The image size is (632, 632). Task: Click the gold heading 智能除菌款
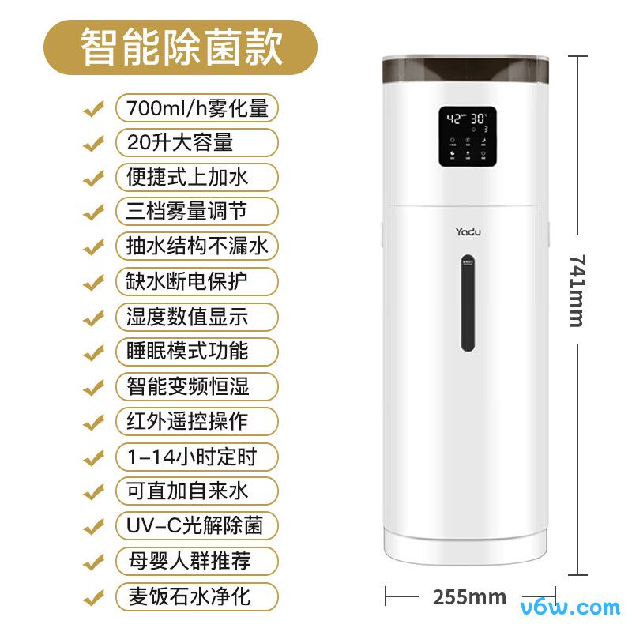tap(180, 47)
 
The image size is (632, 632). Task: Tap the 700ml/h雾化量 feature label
tap(197, 108)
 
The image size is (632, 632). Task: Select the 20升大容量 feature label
tap(197, 143)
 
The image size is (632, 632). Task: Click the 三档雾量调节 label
tap(197, 212)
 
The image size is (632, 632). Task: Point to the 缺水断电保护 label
tap(197, 281)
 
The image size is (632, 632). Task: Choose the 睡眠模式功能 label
tap(197, 351)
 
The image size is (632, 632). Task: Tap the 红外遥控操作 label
tap(197, 420)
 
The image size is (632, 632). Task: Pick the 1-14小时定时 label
tap(197, 456)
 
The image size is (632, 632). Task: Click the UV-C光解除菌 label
tap(197, 525)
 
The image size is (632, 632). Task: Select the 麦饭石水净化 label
tap(197, 595)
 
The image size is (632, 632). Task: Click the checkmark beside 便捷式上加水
tap(94, 177)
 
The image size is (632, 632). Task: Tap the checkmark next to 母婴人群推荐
tap(94, 560)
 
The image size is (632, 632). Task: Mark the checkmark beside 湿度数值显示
tap(94, 316)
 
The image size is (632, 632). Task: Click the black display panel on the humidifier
tap(468, 137)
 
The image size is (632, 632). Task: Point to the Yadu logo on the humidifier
tap(468, 231)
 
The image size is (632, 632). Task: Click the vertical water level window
tap(468, 303)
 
